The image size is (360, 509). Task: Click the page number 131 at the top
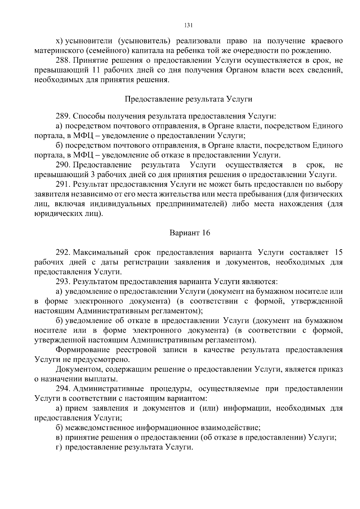[188, 25]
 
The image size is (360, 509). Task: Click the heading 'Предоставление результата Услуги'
[188, 99]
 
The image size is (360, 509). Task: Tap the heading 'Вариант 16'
[190, 233]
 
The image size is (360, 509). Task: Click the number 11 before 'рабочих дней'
[94, 70]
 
